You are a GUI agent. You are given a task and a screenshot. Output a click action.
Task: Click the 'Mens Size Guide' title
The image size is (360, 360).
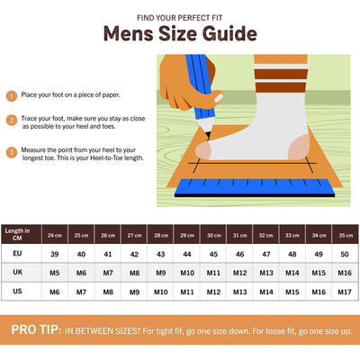tap(180, 33)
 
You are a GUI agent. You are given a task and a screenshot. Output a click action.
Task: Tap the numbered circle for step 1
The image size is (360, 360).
tap(12, 96)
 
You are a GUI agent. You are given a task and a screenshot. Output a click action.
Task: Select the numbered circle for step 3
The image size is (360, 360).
tap(12, 152)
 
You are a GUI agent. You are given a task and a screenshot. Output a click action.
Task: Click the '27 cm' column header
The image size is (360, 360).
tap(134, 235)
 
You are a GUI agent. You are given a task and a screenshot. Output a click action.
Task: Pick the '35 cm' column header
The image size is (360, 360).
tap(346, 235)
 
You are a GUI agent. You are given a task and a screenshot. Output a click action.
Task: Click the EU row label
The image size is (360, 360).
tap(17, 253)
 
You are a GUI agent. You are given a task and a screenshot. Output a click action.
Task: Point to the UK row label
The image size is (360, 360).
tap(17, 272)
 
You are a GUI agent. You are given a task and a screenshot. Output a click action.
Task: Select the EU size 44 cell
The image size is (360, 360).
tap(187, 254)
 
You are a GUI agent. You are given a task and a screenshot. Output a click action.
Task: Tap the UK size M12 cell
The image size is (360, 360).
tap(239, 273)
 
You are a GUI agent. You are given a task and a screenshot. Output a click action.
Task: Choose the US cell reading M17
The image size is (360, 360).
tap(345, 292)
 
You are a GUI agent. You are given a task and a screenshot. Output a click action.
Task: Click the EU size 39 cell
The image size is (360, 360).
tap(54, 254)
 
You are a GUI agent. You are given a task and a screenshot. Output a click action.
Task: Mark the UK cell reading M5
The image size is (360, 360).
tap(54, 273)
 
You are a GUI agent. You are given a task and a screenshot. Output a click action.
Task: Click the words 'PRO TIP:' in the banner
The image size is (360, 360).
tap(36, 329)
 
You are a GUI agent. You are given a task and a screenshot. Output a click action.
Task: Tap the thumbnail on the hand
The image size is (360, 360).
tap(219, 98)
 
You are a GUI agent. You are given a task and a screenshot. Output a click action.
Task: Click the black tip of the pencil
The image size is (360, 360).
tap(208, 136)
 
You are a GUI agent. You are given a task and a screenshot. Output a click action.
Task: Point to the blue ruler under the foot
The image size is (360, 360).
tap(255, 188)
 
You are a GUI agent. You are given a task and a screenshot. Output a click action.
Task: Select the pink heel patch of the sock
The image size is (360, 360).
tap(299, 148)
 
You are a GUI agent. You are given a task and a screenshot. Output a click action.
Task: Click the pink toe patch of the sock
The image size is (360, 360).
tap(203, 150)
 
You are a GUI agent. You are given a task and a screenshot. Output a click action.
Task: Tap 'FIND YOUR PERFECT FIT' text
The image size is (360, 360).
tap(180, 18)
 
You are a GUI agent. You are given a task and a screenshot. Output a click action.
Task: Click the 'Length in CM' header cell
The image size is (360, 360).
tap(17, 234)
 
